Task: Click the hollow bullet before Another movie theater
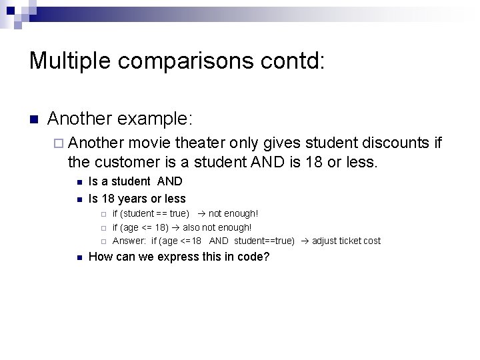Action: [x=58, y=143]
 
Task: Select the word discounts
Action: [x=389, y=143]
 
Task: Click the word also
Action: [x=193, y=227]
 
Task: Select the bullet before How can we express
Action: [x=79, y=257]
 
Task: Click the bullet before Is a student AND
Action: [x=79, y=181]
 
